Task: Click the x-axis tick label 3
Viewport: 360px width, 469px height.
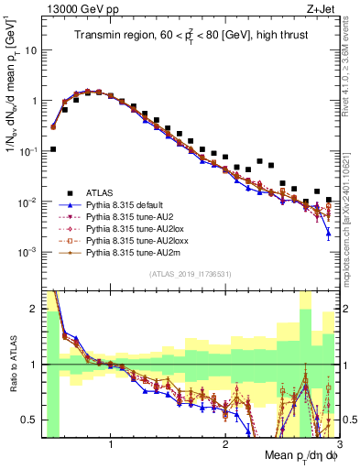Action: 338,442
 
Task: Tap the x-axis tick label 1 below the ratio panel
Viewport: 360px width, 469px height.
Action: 110,442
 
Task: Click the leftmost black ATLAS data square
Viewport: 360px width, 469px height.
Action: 52,148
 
